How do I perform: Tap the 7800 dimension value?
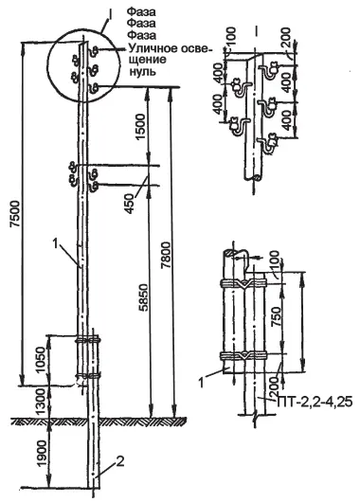tap(165, 256)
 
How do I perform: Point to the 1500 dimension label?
tap(141, 127)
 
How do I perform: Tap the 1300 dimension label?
tap(41, 403)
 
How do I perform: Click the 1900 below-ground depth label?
tap(41, 452)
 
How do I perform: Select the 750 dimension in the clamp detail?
tap(276, 316)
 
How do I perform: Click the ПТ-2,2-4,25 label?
tap(315, 402)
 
